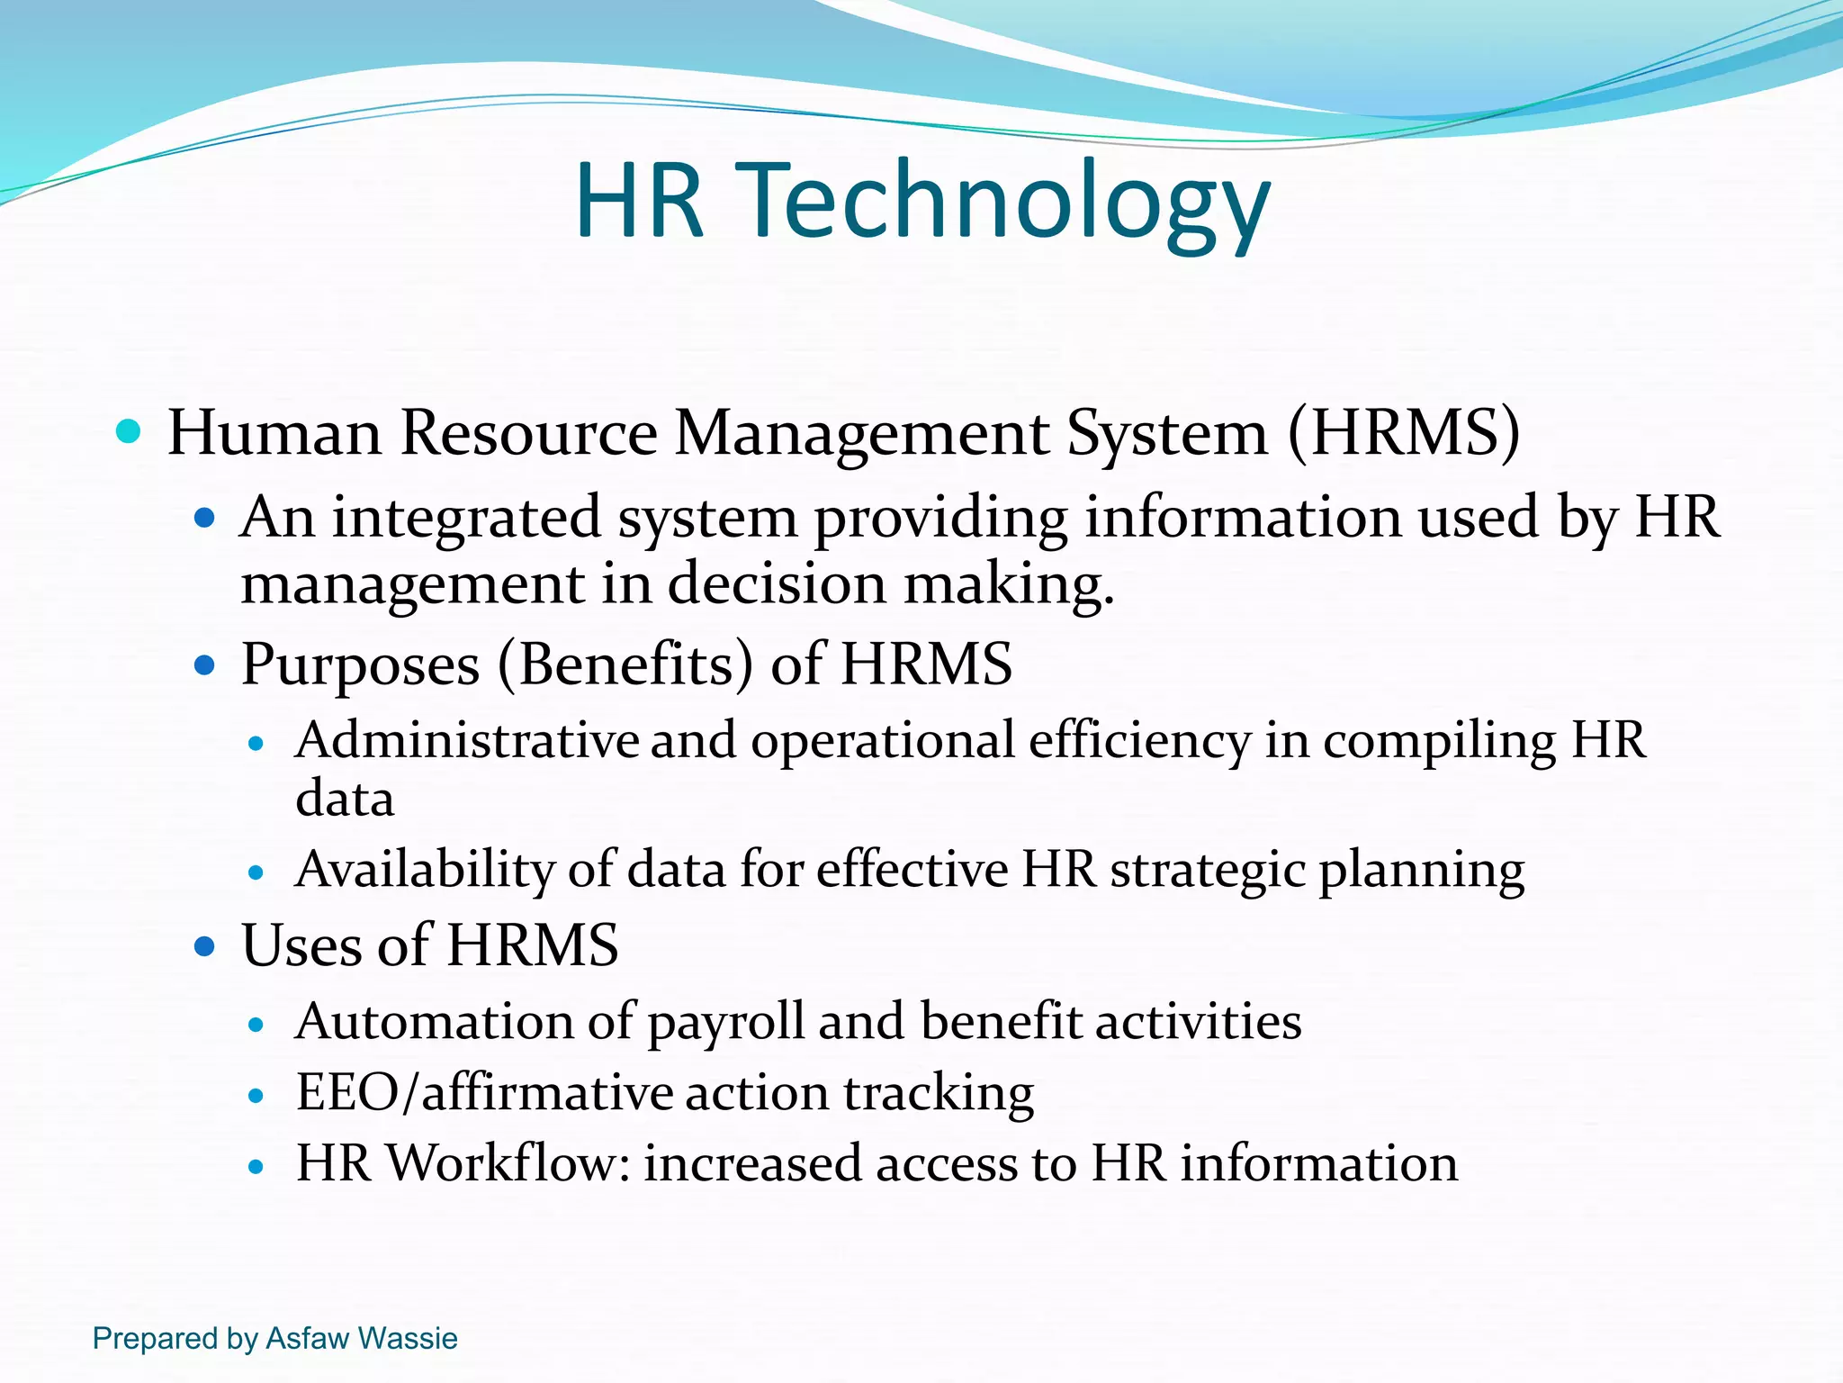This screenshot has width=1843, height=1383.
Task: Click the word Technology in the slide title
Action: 1008,203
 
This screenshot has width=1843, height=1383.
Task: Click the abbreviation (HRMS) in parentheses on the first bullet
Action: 1405,434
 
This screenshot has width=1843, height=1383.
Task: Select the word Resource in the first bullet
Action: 528,434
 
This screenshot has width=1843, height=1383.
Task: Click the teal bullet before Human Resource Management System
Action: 130,432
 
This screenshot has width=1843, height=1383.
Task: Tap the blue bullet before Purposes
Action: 205,666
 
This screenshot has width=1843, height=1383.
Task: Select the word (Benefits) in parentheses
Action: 625,665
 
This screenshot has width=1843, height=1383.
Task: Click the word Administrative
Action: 467,740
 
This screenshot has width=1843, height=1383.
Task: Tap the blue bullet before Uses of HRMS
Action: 205,947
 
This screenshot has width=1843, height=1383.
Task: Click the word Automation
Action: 434,1022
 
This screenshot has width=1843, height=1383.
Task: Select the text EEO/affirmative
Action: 484,1093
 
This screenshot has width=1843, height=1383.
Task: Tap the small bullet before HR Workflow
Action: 256,1167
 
